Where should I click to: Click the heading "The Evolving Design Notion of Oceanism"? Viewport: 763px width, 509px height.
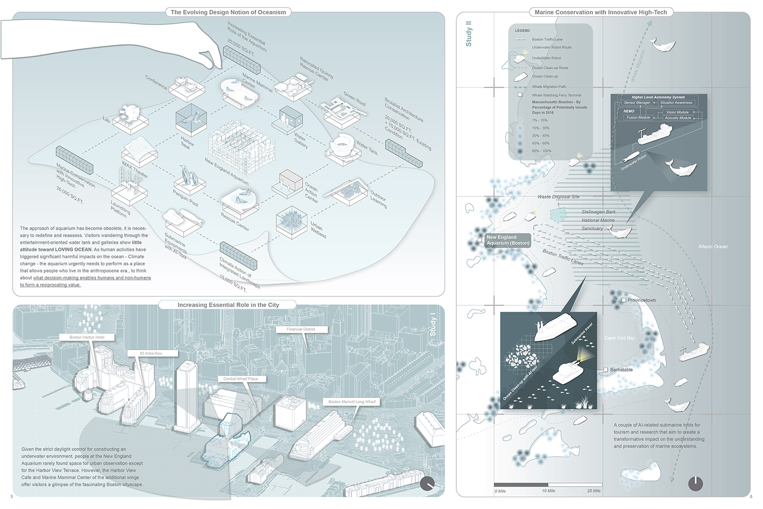pos(228,12)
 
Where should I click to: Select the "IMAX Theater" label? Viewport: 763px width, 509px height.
pos(135,169)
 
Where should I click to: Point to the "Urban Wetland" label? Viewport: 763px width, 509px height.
pos(318,230)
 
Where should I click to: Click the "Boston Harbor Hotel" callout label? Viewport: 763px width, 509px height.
pos(87,337)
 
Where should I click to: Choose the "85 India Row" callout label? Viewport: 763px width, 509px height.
pos(151,353)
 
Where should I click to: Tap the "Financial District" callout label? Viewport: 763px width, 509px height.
pos(301,329)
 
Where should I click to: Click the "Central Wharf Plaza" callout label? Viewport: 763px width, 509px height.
pos(241,379)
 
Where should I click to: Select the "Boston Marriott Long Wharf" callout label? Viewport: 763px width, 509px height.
pos(352,402)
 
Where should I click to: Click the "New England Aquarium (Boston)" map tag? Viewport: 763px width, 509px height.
pos(508,240)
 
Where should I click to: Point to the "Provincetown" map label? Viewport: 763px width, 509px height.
pos(641,300)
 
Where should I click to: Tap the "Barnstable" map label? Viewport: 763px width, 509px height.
pos(621,370)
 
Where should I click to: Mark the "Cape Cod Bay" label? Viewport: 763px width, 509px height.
pos(620,338)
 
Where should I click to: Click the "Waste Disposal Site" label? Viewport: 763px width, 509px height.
pos(558,197)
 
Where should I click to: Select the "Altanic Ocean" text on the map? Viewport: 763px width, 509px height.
pos(713,247)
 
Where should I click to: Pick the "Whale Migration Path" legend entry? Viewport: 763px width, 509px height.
pos(549,87)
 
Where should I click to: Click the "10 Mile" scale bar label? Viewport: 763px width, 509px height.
pos(548,491)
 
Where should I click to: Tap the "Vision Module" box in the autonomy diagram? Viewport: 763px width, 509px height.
pos(678,112)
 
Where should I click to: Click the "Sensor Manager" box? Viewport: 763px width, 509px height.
pos(637,103)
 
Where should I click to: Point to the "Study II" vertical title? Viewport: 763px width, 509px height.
pos(469,34)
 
